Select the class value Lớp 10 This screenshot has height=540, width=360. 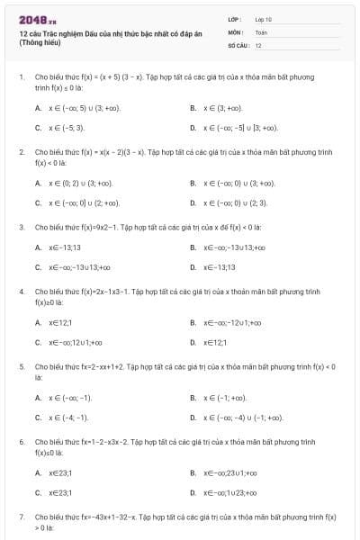263,18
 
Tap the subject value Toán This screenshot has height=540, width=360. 261,31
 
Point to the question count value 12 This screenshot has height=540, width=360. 258,44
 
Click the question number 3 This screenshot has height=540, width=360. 22,227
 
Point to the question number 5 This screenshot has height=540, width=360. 22,366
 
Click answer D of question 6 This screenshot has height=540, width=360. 229,492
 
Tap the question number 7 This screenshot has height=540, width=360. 22,517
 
